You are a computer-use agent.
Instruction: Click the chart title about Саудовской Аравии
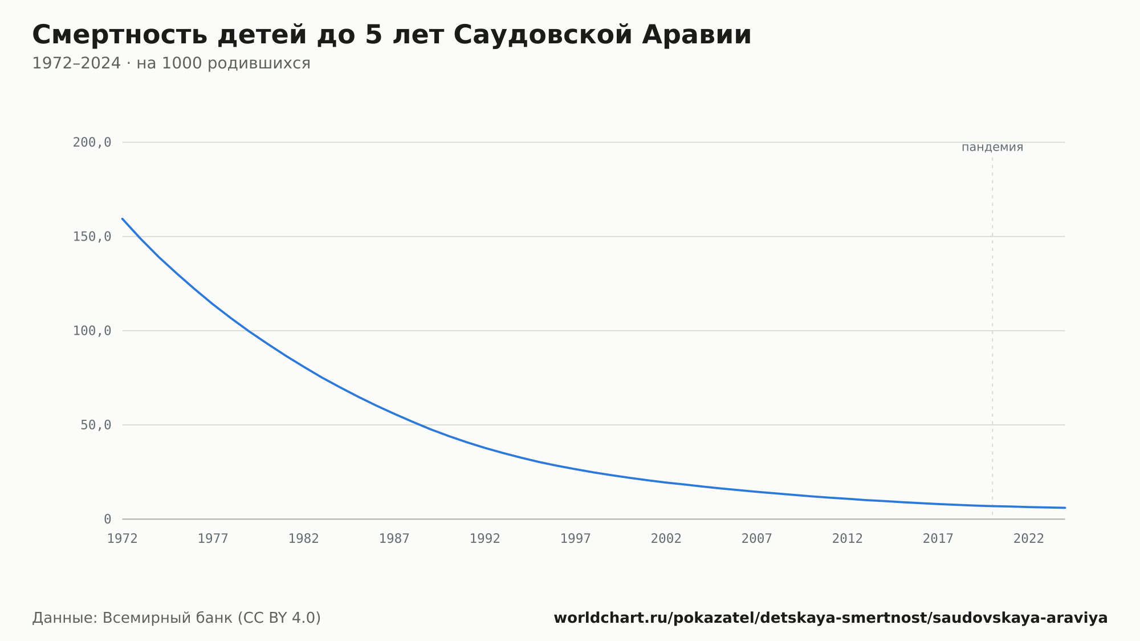coord(392,35)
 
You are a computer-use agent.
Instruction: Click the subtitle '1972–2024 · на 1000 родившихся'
coord(171,63)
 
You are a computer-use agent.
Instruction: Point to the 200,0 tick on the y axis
coord(92,143)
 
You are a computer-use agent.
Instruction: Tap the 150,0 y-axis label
coord(92,237)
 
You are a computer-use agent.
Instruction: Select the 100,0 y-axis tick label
coord(92,331)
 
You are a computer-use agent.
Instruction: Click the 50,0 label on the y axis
coord(96,425)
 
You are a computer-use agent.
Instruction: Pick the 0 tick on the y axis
coord(108,520)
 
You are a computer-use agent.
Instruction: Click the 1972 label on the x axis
coord(123,539)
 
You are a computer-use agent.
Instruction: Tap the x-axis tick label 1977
coord(213,539)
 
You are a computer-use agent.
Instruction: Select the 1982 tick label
coord(304,539)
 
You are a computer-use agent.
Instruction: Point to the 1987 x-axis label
coord(394,539)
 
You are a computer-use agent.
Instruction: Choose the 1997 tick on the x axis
coord(576,539)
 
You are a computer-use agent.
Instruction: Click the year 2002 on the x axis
coord(666,539)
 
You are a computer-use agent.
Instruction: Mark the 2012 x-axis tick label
coord(848,539)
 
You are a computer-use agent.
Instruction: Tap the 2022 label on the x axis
coord(1029,539)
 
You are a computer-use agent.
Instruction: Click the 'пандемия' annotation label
coord(992,147)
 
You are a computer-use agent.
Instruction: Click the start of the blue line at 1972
coord(123,218)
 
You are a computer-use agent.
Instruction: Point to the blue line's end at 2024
coord(1065,508)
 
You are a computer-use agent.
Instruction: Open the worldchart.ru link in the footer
coord(830,618)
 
